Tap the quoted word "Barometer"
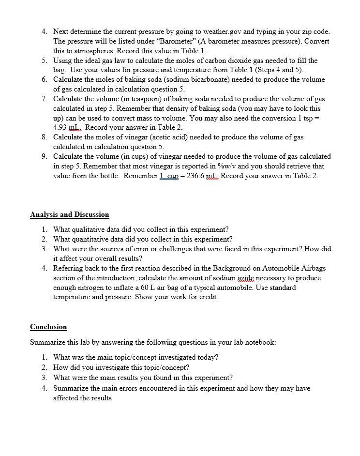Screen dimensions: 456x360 [x=159, y=41]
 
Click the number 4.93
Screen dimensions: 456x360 [x=61, y=128]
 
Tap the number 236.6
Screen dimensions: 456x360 [x=193, y=176]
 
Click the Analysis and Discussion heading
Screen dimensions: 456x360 [x=69, y=214]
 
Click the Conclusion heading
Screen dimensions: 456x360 [x=48, y=327]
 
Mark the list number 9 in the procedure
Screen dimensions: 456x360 [x=44, y=156]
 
